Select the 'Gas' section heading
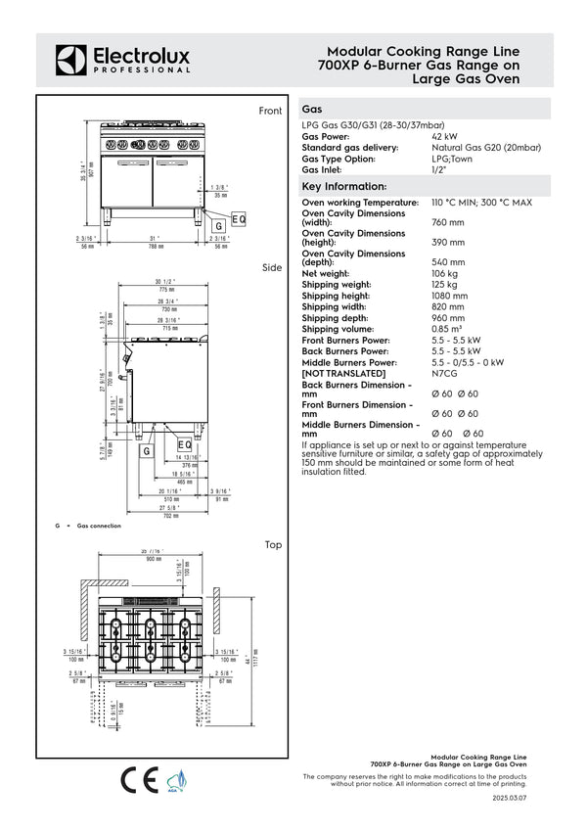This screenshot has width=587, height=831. tap(314, 111)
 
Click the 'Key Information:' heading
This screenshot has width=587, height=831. tap(344, 186)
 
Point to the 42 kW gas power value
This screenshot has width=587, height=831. tap(443, 137)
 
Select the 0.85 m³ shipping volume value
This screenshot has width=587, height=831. tap(446, 328)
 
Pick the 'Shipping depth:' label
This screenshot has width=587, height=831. tap(336, 318)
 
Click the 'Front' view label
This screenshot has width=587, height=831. tap(270, 112)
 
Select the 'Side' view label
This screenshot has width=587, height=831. tap(272, 267)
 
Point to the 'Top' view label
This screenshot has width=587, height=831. tap(273, 544)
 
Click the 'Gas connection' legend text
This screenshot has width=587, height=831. tap(99, 527)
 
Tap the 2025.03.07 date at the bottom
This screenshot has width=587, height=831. tap(509, 799)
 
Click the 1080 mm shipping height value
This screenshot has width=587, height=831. tap(449, 296)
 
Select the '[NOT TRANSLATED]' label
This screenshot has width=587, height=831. tap(343, 373)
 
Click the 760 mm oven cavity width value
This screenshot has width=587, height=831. tap(447, 223)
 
